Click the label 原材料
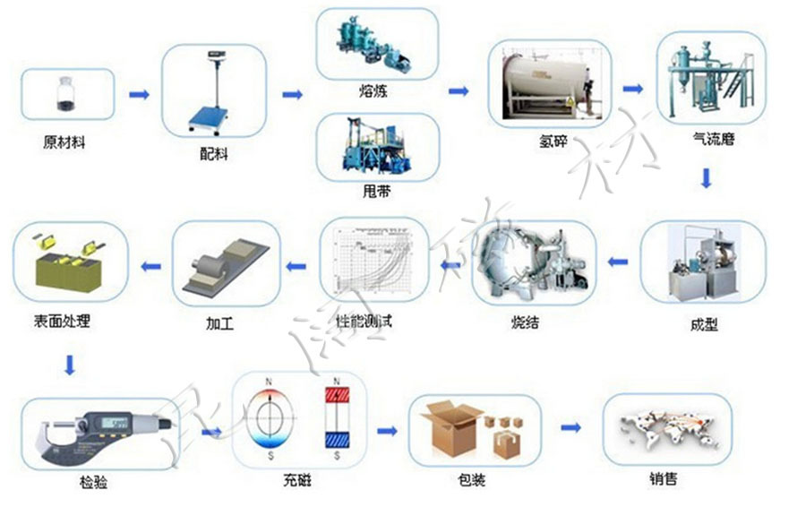click(x=64, y=142)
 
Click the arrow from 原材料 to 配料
click(x=139, y=95)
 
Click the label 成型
click(x=704, y=324)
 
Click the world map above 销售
click(x=667, y=428)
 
